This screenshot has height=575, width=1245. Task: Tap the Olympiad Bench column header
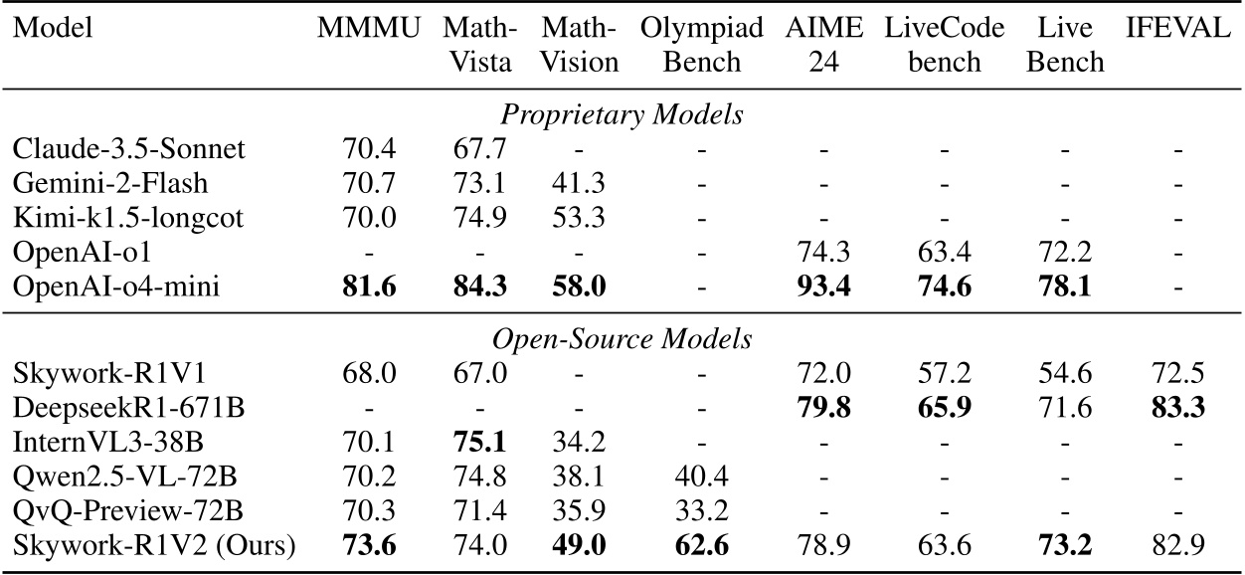(x=702, y=45)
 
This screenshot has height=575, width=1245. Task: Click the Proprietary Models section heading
(x=622, y=115)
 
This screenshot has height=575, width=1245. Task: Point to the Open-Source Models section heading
(x=622, y=338)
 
